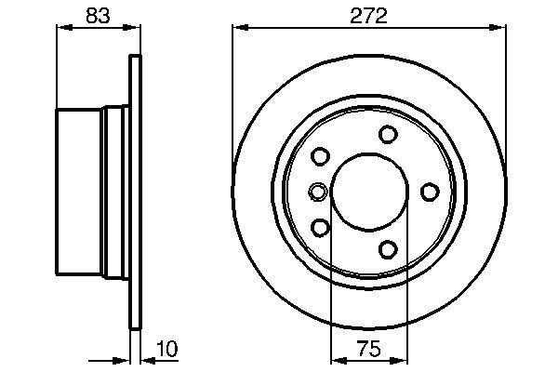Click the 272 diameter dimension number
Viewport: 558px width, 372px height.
click(x=369, y=15)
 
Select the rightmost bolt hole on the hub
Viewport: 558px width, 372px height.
click(x=430, y=192)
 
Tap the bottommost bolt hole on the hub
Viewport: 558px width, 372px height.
click(x=388, y=248)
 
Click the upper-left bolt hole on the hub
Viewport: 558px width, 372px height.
click(x=321, y=156)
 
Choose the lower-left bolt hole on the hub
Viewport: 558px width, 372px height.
click(x=321, y=227)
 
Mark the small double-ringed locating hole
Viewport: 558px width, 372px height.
click(x=316, y=192)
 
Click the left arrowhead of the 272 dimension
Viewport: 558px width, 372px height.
click(x=238, y=29)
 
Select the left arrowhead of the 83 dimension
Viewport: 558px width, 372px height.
click(x=62, y=29)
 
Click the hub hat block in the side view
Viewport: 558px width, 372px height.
click(x=82, y=192)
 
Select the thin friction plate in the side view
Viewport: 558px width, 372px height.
click(x=135, y=192)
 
